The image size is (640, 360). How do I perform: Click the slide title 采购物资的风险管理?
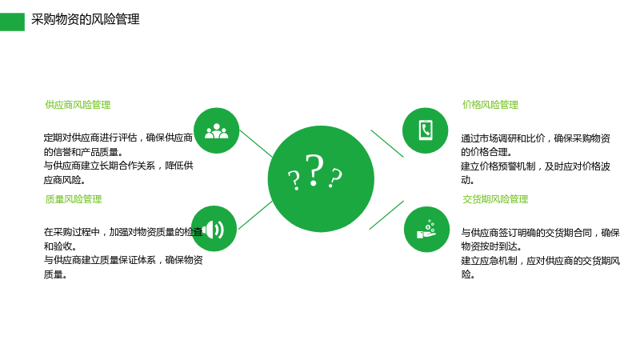tap(86, 19)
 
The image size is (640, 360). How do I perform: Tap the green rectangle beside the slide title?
tap(12, 22)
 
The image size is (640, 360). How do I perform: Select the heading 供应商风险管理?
tap(78, 105)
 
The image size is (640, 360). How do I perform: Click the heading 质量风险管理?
tap(73, 199)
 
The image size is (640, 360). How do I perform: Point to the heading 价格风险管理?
tap(490, 105)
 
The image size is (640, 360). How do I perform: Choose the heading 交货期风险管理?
tap(495, 199)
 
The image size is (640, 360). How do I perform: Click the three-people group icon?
tap(216, 131)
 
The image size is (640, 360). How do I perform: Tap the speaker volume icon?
tap(214, 230)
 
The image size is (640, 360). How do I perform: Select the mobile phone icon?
tap(426, 130)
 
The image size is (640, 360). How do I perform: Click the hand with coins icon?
tap(426, 230)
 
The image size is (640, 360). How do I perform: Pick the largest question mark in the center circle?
tap(314, 170)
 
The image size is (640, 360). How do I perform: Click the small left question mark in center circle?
tap(294, 181)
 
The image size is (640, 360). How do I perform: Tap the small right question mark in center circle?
tap(335, 178)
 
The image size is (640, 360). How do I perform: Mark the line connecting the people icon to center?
tap(256, 143)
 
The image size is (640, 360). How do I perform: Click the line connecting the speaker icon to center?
tap(255, 215)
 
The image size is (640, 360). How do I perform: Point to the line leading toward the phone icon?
tap(387, 143)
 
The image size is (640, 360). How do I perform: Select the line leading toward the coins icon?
tap(386, 214)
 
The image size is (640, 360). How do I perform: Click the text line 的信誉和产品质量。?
tap(83, 152)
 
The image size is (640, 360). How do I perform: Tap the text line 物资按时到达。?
tap(491, 246)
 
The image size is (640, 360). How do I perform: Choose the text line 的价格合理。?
tap(486, 152)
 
